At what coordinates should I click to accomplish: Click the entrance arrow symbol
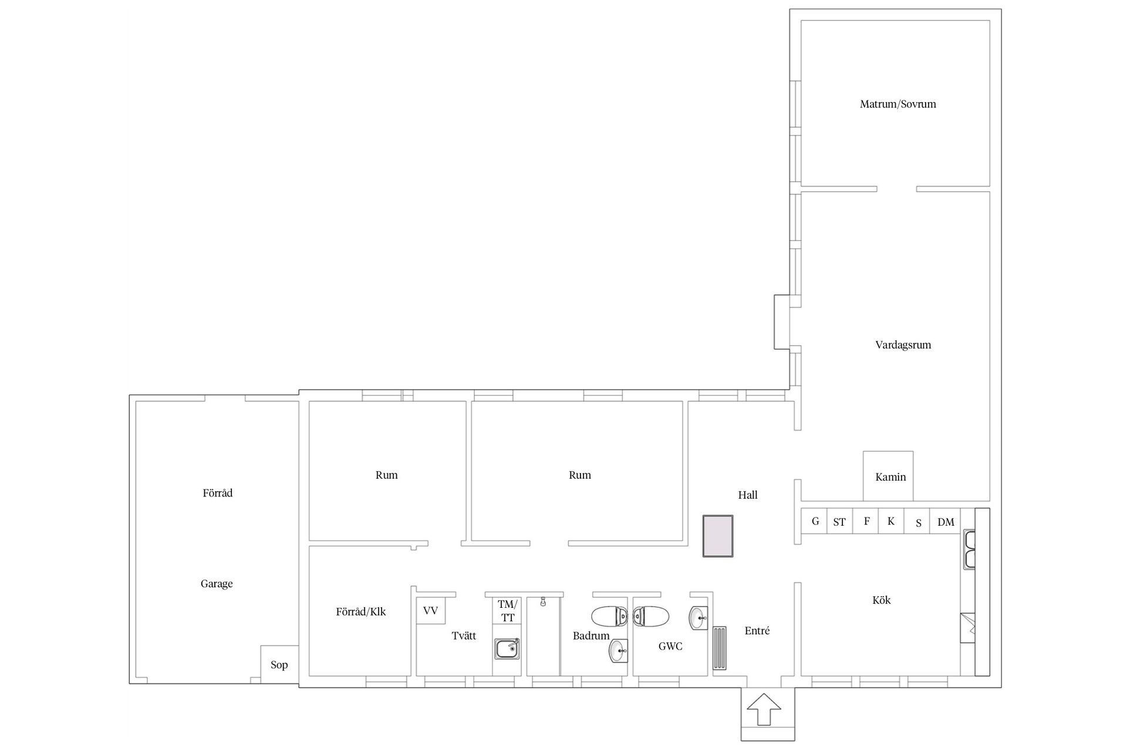(x=764, y=709)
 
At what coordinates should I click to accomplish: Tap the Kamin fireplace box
(x=888, y=476)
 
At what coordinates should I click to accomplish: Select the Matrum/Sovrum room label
(x=897, y=104)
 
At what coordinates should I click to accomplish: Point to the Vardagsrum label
(x=903, y=344)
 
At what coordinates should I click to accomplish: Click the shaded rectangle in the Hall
(x=718, y=536)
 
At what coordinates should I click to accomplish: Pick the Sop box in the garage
(x=279, y=664)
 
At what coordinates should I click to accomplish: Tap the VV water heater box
(x=431, y=611)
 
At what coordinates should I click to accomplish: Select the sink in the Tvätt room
(x=507, y=649)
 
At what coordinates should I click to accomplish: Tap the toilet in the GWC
(x=651, y=616)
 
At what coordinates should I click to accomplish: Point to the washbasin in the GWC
(x=698, y=618)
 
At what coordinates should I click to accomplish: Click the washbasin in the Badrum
(x=618, y=651)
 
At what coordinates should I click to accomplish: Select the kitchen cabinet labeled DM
(x=946, y=521)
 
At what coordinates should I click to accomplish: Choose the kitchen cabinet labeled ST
(x=839, y=521)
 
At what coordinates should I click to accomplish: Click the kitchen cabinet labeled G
(x=815, y=521)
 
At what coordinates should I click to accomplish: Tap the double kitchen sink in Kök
(x=969, y=549)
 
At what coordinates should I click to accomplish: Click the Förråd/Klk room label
(x=361, y=611)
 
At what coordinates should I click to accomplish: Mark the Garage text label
(x=217, y=584)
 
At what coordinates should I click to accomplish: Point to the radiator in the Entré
(x=720, y=648)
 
